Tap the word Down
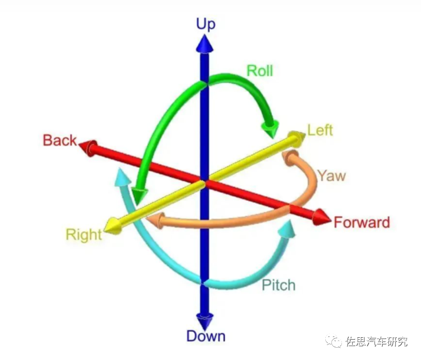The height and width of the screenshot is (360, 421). (206, 336)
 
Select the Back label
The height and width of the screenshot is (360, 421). (60, 140)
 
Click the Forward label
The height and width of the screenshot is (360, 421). (362, 222)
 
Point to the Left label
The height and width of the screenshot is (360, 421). (320, 130)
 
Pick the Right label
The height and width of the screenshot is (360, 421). (84, 234)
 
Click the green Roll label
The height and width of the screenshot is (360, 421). (260, 71)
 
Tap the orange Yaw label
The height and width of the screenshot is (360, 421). (331, 176)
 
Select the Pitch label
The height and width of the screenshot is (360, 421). (278, 285)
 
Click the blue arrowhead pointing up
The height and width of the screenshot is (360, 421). (205, 44)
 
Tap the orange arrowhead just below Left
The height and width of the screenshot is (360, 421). (290, 157)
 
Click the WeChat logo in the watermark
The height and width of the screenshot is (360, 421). (335, 341)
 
